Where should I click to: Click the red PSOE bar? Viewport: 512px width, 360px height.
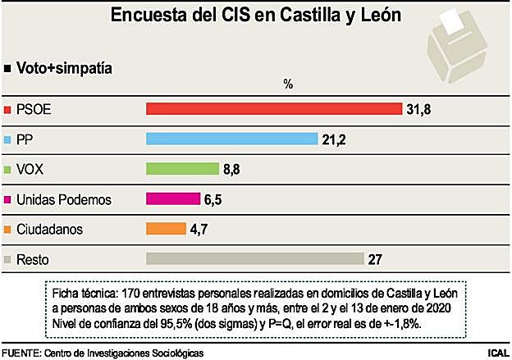(273, 109)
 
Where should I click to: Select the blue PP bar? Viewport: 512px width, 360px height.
(231, 139)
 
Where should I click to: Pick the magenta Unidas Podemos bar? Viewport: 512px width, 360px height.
(172, 199)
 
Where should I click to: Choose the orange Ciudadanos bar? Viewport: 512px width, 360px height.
(164, 229)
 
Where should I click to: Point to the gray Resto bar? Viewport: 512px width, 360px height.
(254, 259)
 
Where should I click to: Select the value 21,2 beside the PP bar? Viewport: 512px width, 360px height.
(334, 139)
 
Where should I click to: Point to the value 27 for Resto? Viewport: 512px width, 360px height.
(377, 259)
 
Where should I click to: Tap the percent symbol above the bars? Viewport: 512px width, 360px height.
(287, 84)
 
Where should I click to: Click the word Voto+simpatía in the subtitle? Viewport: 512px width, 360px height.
(64, 69)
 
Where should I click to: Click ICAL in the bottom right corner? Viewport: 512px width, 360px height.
(496, 353)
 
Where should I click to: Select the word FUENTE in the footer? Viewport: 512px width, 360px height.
(21, 353)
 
